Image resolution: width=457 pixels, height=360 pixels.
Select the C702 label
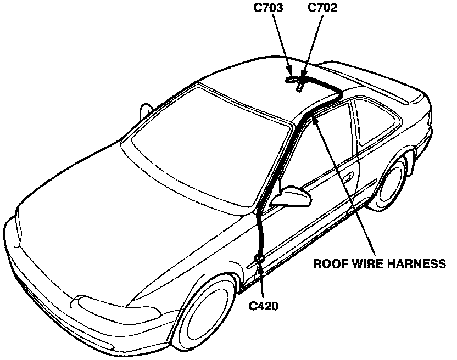coord(322,8)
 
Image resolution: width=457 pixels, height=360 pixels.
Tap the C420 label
coord(264,306)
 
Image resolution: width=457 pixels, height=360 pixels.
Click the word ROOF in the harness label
coord(330,264)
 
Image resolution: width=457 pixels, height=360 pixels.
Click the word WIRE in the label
coord(369,264)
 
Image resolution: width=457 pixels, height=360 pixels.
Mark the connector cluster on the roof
coord(297,81)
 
